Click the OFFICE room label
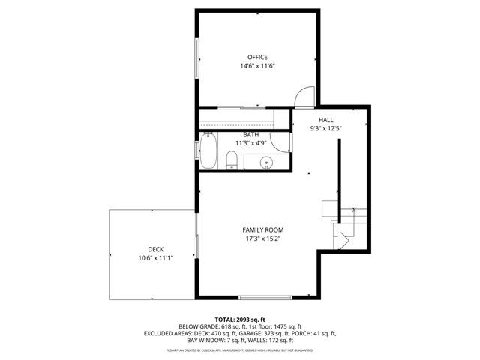pos(257,57)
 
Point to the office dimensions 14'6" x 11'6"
pos(257,66)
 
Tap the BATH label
pos(250,135)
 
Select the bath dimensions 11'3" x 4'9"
pos(250,143)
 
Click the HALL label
pos(325,120)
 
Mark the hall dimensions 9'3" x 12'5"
pos(325,128)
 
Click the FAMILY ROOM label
pos(262,229)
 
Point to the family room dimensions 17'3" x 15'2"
pos(262,238)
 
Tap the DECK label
pos(155,249)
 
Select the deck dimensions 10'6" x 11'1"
pos(155,258)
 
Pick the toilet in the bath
pos(232,159)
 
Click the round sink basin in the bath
pos(265,161)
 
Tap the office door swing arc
pos(304,98)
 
